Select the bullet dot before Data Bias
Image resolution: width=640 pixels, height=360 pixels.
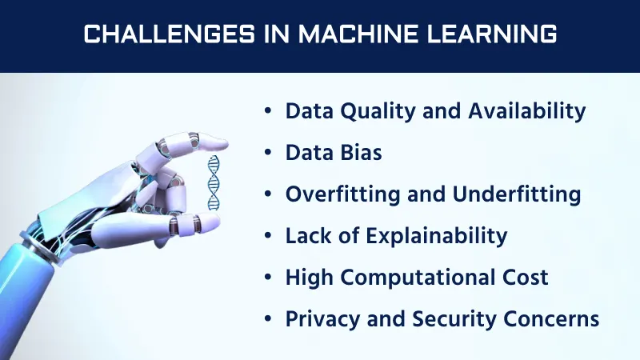pos(268,154)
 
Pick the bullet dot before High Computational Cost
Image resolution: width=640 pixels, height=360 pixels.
pos(268,278)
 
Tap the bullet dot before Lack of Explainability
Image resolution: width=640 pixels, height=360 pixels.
pos(268,237)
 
